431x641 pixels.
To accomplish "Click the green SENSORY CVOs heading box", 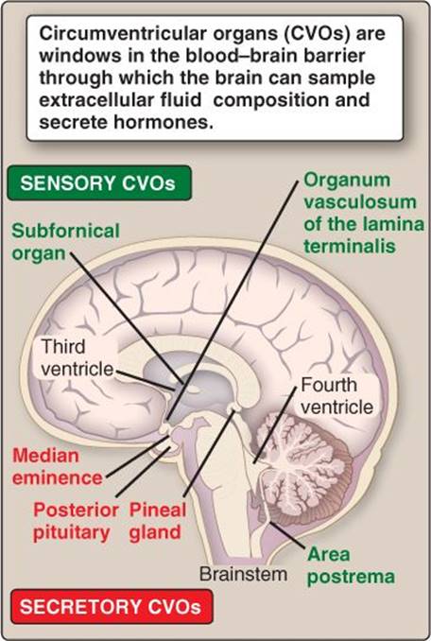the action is pyautogui.click(x=99, y=182).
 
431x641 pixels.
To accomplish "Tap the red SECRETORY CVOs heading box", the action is pyautogui.click(x=112, y=606).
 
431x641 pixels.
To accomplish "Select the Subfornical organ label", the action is pyautogui.click(x=65, y=242).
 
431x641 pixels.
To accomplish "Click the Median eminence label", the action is pyautogui.click(x=58, y=466).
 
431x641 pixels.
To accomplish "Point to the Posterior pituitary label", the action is pyautogui.click(x=76, y=521).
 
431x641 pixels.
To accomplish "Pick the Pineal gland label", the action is pyautogui.click(x=158, y=521).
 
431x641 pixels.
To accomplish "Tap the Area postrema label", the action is pyautogui.click(x=351, y=565).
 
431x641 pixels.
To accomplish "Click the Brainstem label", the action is pyautogui.click(x=244, y=574).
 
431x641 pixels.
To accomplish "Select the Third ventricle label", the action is pyautogui.click(x=78, y=357).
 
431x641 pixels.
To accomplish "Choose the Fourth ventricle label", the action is pyautogui.click(x=337, y=396).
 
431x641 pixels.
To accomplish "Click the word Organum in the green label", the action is pyautogui.click(x=347, y=181).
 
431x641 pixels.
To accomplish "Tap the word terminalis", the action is pyautogui.click(x=350, y=246).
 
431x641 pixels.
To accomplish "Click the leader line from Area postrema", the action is pyautogui.click(x=286, y=535).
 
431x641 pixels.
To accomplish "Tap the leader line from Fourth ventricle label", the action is pyautogui.click(x=275, y=424).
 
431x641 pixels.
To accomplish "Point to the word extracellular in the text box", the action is pyautogui.click(x=120, y=100).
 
